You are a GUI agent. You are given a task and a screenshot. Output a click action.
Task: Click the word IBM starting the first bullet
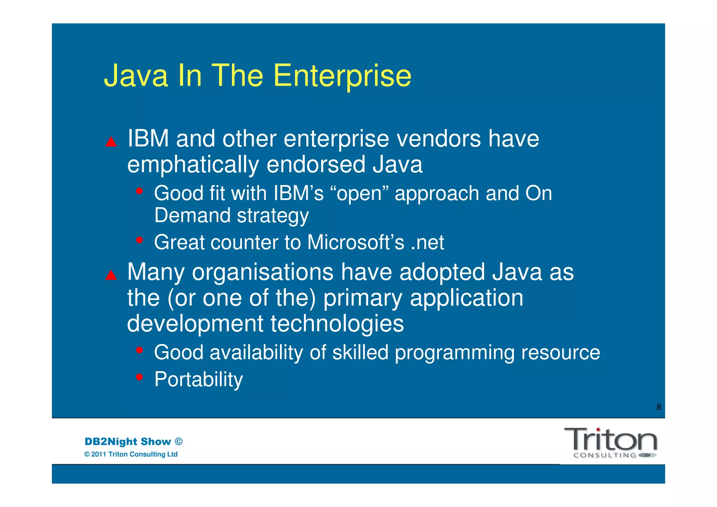point(148,139)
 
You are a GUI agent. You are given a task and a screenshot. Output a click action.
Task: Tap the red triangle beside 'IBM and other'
point(111,142)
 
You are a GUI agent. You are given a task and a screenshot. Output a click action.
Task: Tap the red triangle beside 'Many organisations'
point(111,275)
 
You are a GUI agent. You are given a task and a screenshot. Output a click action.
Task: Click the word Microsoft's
point(355,242)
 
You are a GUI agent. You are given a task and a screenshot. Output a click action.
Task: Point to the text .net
point(427,242)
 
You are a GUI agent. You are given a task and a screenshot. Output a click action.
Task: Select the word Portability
point(199,379)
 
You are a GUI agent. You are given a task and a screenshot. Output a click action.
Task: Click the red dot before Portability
point(140,377)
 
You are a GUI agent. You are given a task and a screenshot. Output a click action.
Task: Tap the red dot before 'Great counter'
point(140,240)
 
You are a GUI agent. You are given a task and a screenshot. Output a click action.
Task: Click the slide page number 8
point(659,407)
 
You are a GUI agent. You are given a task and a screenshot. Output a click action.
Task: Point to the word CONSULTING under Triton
point(605,455)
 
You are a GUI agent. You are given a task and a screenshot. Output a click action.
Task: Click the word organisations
point(263,272)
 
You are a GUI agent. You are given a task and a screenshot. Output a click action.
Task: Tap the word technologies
point(337,323)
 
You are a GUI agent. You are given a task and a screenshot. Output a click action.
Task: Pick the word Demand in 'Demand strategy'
point(193,215)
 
